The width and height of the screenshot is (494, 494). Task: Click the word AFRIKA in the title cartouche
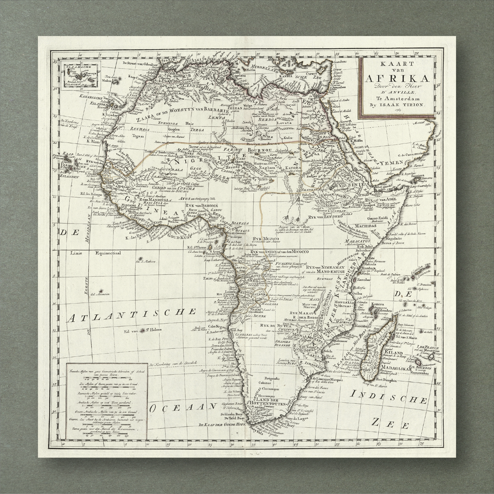pos(397,79)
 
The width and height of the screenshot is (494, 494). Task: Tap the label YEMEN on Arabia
pos(392,164)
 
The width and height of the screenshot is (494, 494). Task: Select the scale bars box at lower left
pos(107,401)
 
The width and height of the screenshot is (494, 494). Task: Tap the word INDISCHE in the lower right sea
pos(389,397)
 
